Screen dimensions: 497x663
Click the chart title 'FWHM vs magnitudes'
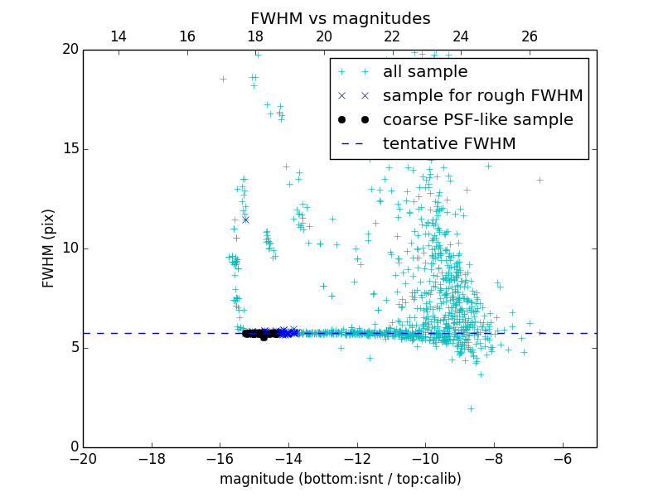[340, 18]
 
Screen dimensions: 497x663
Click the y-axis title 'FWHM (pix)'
[49, 248]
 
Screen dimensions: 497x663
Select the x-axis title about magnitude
[340, 479]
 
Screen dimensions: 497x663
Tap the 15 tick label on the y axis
[68, 149]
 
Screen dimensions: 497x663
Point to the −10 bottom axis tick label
[425, 458]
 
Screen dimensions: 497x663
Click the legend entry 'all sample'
[425, 72]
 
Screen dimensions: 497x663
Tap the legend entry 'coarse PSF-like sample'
[477, 120]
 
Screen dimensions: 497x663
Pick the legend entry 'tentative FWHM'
[448, 144]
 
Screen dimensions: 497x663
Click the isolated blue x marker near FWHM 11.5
[245, 220]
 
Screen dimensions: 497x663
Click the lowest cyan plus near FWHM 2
[471, 408]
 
